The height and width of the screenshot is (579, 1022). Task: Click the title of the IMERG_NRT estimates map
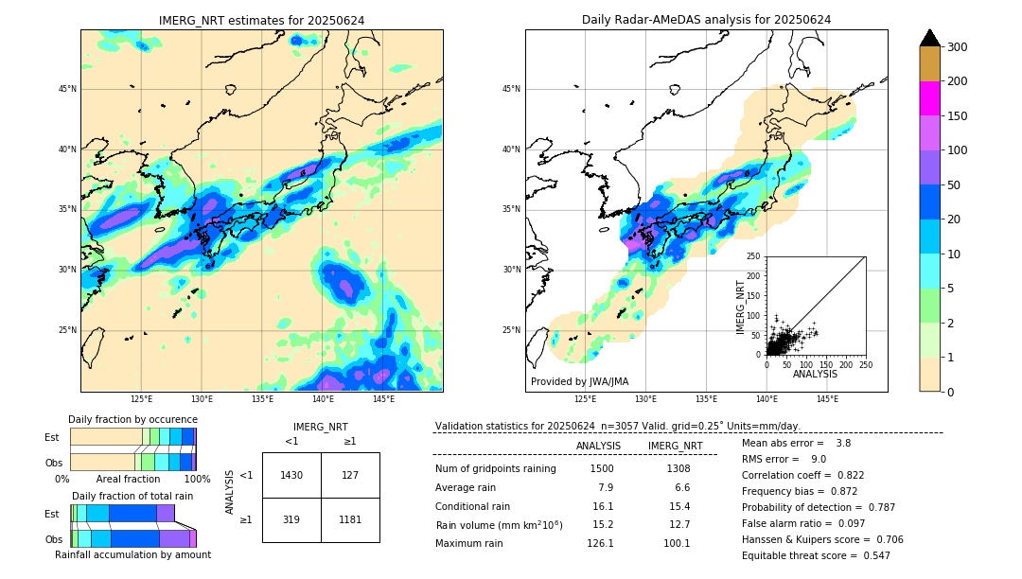point(261,20)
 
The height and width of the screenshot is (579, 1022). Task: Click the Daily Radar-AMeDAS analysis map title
point(706,20)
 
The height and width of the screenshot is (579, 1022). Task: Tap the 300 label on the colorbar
point(958,46)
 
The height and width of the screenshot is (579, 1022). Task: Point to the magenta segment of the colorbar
point(929,98)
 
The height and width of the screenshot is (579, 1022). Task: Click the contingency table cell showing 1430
point(291,475)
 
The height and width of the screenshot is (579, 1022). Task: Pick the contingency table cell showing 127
point(350,475)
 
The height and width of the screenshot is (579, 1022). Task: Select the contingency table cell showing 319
point(291,519)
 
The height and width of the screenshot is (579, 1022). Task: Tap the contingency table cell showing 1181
point(350,519)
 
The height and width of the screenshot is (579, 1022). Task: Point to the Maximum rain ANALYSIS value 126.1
point(599,543)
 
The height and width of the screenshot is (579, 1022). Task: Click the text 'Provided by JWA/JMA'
point(579,381)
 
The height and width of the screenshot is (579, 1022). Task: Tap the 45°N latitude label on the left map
point(67,89)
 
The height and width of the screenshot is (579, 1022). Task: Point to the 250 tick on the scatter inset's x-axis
point(866,364)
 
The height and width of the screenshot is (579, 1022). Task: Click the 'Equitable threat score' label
point(801,555)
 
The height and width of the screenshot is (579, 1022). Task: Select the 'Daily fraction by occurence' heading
point(132,419)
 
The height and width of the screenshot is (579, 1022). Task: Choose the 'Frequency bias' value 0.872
point(814,491)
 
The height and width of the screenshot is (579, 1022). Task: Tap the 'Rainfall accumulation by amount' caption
point(132,554)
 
